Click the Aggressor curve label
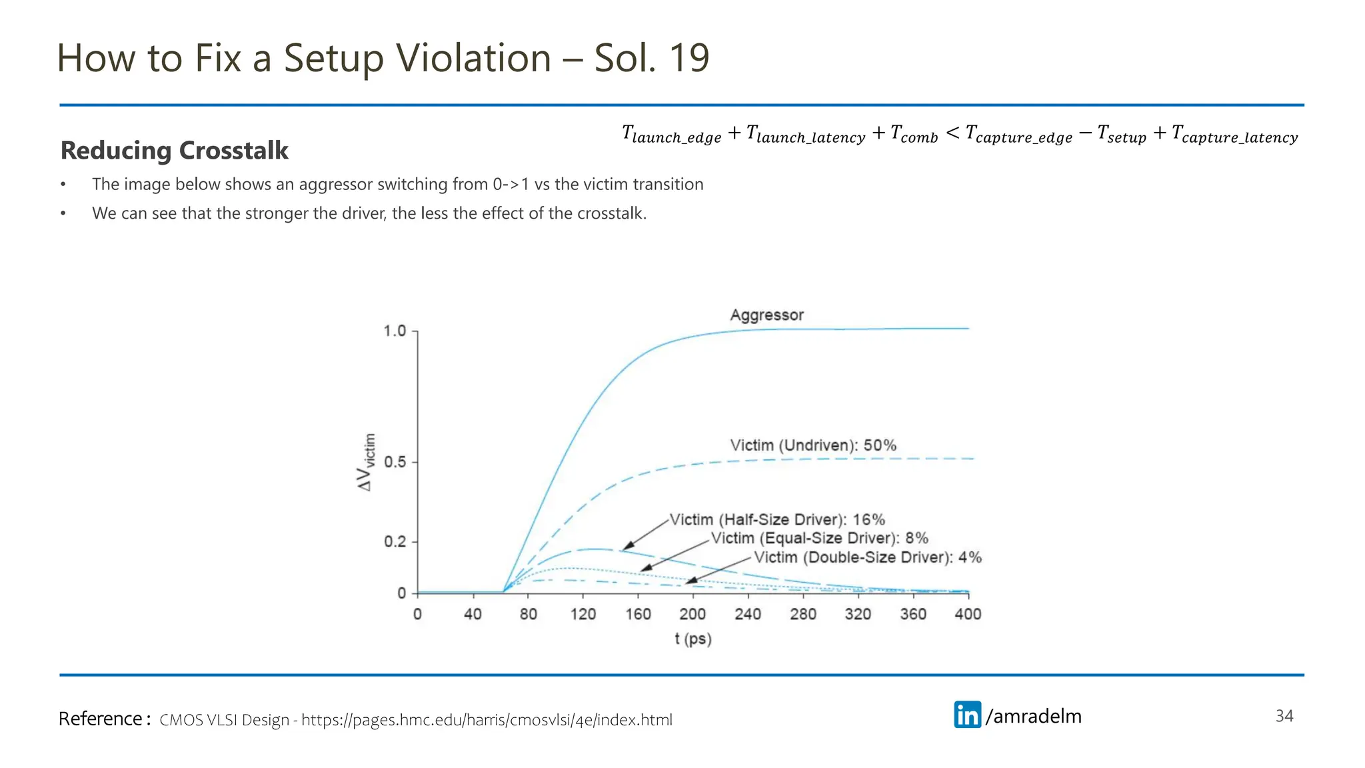point(766,315)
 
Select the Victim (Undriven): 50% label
point(812,445)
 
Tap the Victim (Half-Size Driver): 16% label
point(777,519)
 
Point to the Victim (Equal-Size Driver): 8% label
point(819,538)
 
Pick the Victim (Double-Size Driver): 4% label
point(867,557)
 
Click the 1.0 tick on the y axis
point(395,331)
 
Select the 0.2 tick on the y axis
point(395,542)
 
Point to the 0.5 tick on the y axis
point(395,462)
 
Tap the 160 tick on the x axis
point(638,614)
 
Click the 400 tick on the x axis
point(968,614)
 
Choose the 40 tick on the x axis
point(473,614)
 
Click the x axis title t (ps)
point(692,639)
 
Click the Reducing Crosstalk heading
point(175,151)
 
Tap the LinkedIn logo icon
point(967,715)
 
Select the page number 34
point(1284,716)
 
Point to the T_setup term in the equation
point(1121,135)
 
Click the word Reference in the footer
point(100,719)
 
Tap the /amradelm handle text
point(1034,716)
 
